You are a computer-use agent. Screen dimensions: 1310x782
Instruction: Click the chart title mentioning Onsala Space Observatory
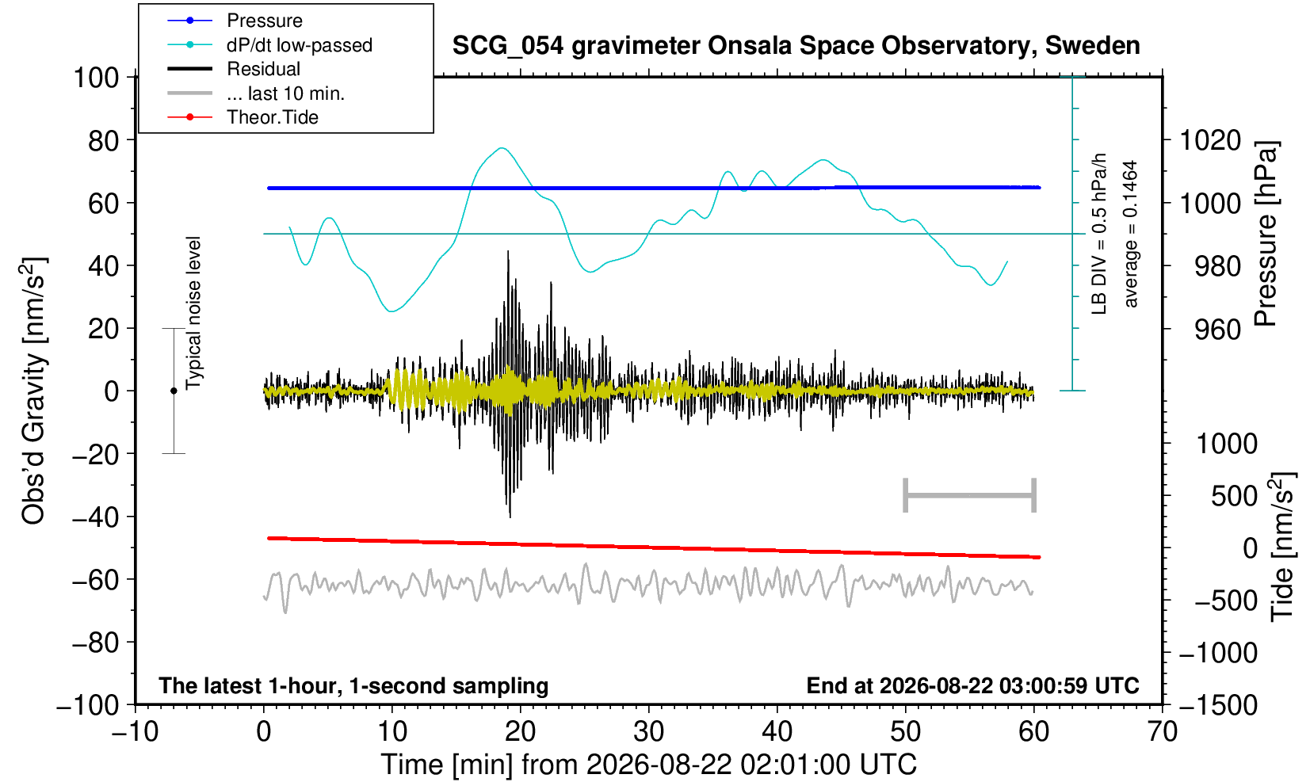(796, 46)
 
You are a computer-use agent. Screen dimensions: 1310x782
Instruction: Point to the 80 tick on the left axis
(104, 140)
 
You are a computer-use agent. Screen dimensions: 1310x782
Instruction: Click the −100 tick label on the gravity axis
(88, 705)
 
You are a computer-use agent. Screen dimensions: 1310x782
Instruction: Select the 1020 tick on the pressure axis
(1210, 140)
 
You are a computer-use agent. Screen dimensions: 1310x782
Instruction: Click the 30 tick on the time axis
(648, 732)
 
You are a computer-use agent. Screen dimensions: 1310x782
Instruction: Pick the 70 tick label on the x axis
(1162, 732)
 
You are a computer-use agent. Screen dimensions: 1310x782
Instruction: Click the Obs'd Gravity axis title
(32, 391)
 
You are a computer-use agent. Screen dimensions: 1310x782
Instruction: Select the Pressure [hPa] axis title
(1266, 234)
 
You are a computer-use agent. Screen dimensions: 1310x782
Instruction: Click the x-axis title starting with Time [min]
(648, 765)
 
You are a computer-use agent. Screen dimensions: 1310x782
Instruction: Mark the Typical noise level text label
(193, 313)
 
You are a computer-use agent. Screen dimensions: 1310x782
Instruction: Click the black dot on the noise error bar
(174, 391)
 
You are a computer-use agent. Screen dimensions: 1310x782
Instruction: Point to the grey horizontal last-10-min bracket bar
(970, 495)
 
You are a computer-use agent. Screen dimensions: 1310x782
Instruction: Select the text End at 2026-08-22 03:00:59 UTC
(972, 685)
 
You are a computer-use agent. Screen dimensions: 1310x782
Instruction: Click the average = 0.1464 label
(1130, 234)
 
